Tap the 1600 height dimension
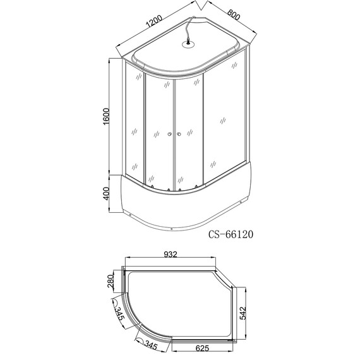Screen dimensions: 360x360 107,117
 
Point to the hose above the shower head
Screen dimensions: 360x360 189,28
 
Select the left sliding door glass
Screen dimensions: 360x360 159,133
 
